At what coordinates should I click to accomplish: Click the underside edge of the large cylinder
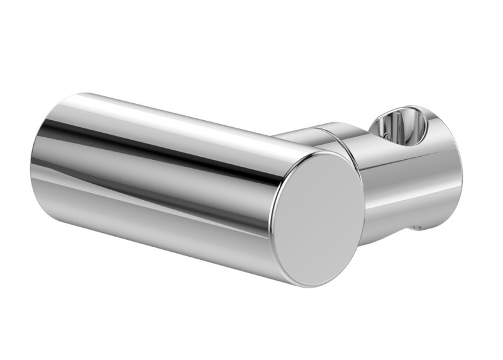[x=157, y=242]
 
